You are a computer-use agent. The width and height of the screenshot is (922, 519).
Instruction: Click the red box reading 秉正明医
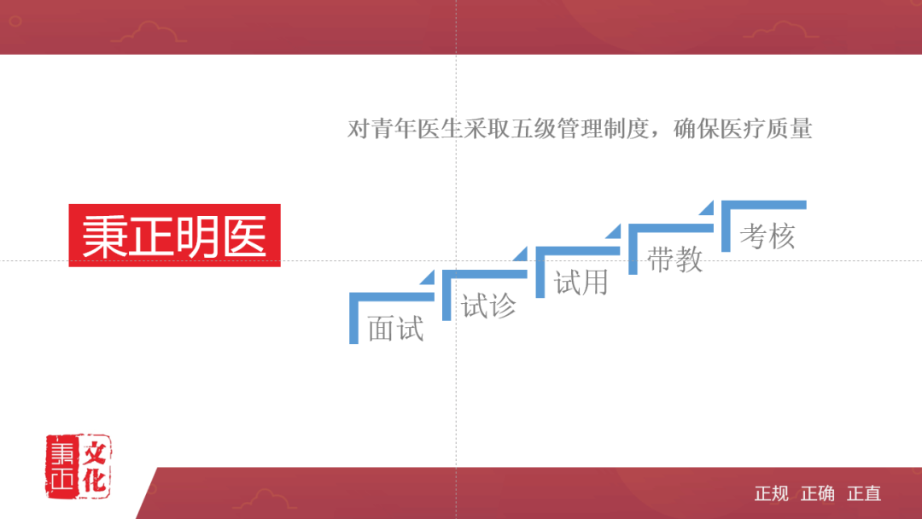[174, 235]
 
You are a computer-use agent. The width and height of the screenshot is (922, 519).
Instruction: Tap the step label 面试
[395, 328]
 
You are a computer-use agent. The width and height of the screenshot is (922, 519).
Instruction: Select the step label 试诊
[488, 305]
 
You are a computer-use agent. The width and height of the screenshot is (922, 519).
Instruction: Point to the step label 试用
[581, 282]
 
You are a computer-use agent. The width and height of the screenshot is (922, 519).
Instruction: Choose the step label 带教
[674, 259]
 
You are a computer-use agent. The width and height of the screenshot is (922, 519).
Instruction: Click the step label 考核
[767, 236]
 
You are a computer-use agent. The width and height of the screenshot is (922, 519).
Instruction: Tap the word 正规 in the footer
[772, 493]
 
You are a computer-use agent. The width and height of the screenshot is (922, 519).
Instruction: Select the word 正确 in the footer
[818, 493]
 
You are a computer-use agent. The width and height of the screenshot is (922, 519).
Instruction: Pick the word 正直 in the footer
[864, 493]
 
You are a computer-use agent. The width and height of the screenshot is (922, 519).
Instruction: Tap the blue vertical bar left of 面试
[353, 320]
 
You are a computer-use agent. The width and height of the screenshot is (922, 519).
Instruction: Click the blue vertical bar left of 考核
[726, 228]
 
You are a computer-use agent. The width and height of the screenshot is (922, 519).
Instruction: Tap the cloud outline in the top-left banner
[149, 32]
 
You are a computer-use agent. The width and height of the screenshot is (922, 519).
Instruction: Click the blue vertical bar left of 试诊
[446, 297]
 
